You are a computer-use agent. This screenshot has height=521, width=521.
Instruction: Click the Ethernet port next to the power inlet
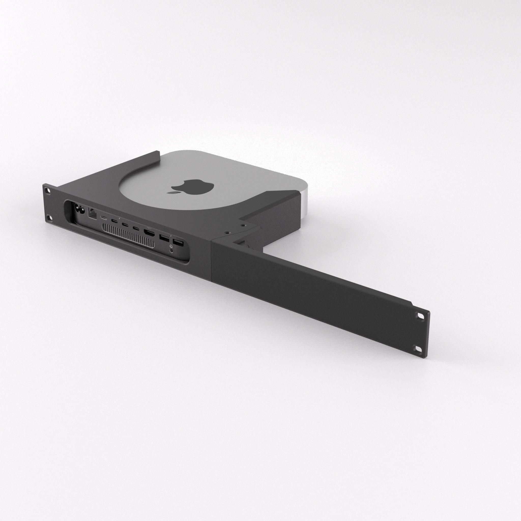(92, 214)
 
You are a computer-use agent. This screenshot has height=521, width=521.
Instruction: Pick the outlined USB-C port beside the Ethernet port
(104, 218)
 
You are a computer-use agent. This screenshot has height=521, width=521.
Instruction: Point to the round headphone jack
(171, 251)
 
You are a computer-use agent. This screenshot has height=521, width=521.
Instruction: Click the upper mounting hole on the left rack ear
(48, 190)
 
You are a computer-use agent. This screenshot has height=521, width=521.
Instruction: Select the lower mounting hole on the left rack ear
(48, 217)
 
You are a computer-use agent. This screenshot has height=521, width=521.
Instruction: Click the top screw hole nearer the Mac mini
(243, 224)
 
